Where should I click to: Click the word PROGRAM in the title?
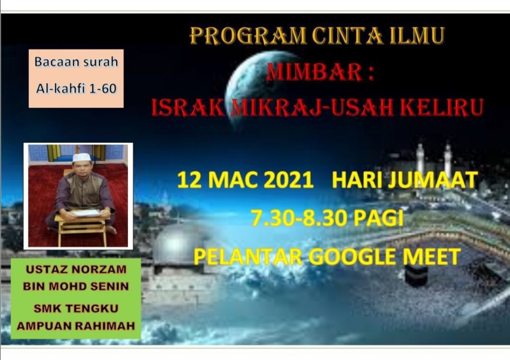tap(248, 35)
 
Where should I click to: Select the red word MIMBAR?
tap(315, 72)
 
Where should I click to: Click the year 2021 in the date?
tap(288, 180)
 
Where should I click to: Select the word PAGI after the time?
tap(379, 218)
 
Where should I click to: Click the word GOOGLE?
tap(352, 256)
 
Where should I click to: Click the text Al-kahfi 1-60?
tap(76, 89)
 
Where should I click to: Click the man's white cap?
tap(82, 157)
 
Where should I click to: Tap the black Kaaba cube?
tap(416, 276)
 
